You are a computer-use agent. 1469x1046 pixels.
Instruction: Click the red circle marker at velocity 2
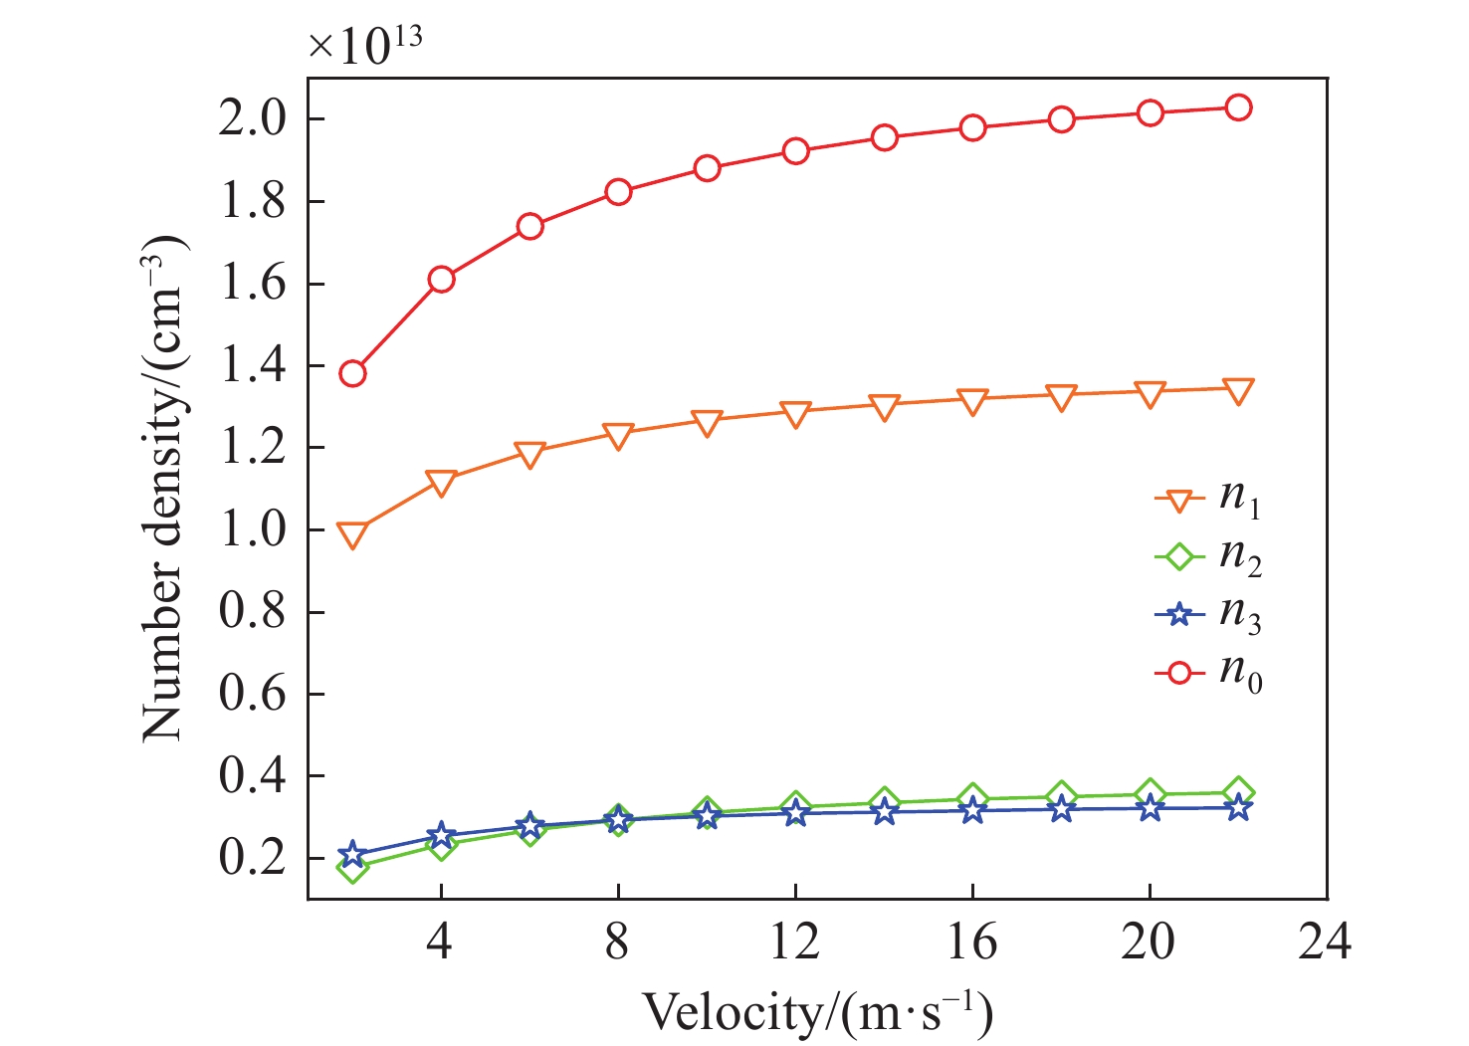352,374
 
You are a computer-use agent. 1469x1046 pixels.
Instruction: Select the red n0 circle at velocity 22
1238,107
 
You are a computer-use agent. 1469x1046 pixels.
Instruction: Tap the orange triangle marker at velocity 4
441,483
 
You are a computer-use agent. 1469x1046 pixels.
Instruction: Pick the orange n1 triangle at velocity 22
1238,390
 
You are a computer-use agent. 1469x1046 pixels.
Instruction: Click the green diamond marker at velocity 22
1238,792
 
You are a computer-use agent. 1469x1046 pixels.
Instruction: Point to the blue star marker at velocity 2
352,855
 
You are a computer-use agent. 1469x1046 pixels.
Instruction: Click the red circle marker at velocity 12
795,151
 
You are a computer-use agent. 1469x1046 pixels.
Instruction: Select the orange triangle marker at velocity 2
352,535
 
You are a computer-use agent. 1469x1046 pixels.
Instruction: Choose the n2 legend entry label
1240,557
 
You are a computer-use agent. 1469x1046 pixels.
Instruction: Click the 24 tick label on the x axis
1325,941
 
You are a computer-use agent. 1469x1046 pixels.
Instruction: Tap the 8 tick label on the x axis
617,941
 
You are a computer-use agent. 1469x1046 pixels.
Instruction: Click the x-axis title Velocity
816,1013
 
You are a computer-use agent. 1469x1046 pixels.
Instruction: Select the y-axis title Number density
165,488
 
